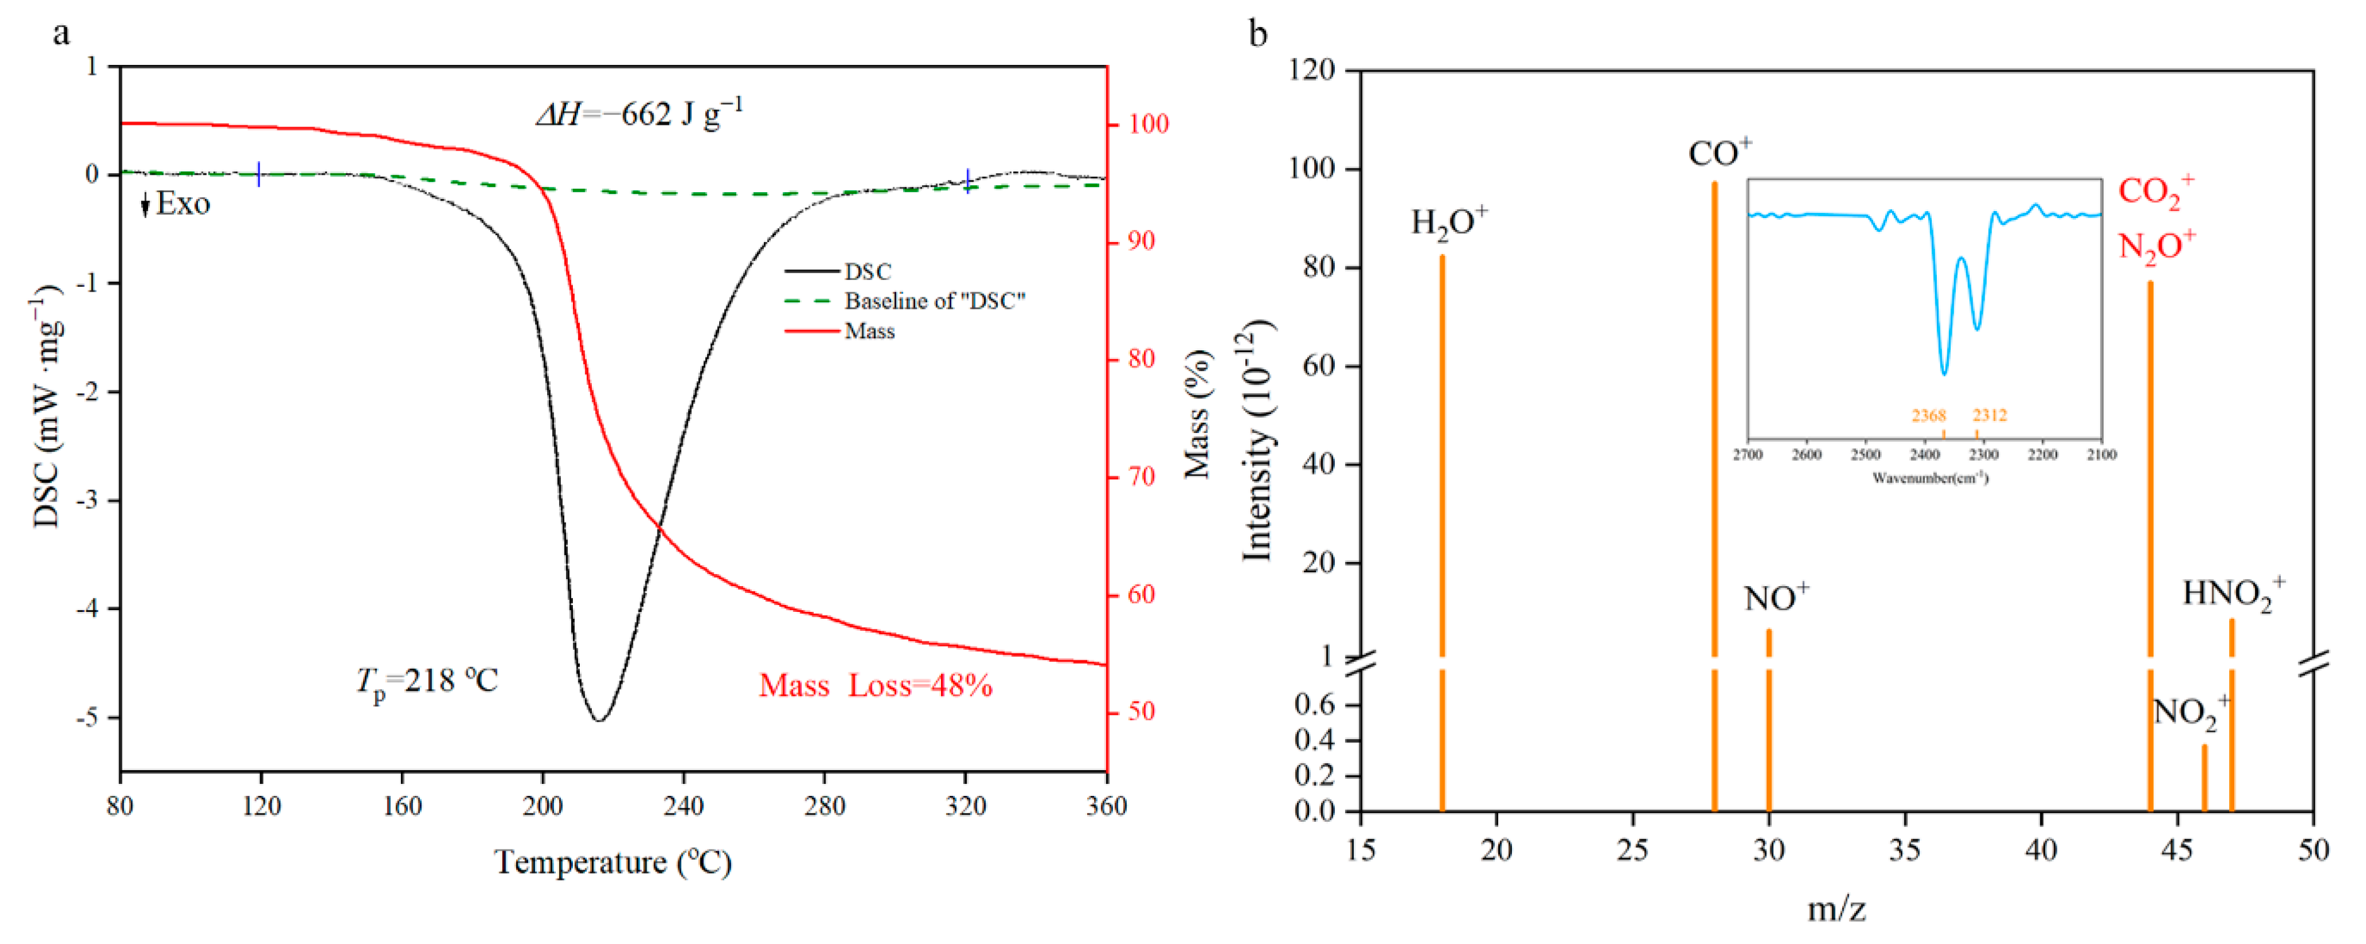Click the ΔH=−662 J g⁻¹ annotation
click(x=640, y=114)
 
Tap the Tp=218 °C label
click(x=427, y=681)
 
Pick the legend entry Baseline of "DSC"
click(x=933, y=301)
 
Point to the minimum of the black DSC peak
click(x=599, y=719)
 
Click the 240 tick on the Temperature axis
click(x=683, y=806)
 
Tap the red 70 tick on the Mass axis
click(x=1141, y=476)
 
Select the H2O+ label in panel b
click(x=1448, y=222)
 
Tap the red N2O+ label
click(x=2155, y=246)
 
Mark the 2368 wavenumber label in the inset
click(x=1928, y=416)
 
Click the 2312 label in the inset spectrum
click(x=1990, y=416)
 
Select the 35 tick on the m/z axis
click(x=1904, y=849)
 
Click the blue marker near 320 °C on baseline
click(x=967, y=181)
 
